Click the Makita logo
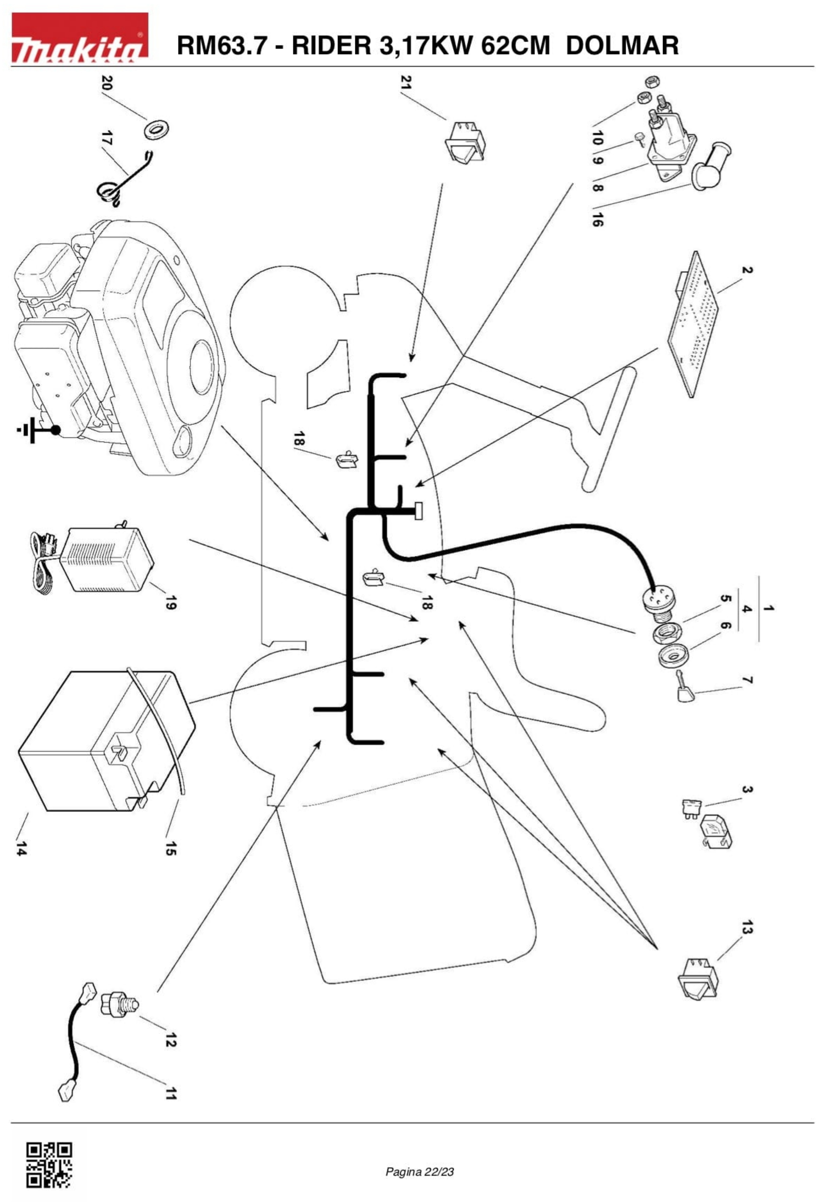[x=80, y=38]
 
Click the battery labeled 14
[x=106, y=741]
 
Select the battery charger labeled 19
[x=93, y=560]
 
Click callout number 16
[x=597, y=220]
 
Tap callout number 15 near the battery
[x=171, y=848]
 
